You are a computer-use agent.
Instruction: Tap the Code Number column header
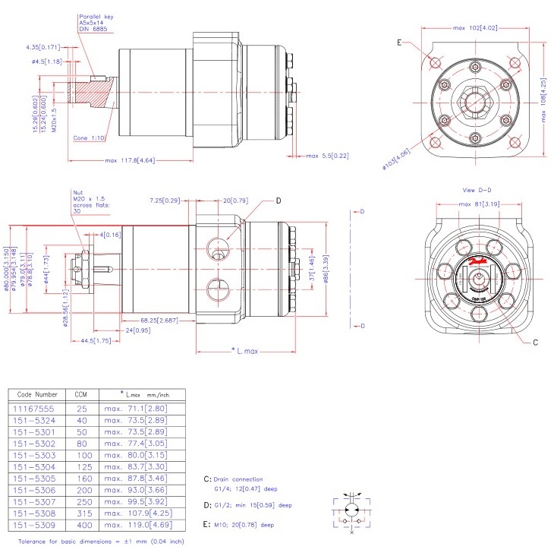36,394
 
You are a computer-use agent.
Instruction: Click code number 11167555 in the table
35,408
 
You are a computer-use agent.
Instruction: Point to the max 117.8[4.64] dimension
131,161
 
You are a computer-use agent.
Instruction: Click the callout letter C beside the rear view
534,343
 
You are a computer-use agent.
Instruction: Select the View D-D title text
477,189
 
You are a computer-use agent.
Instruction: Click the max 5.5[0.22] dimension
327,156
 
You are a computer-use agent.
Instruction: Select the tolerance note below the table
100,542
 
